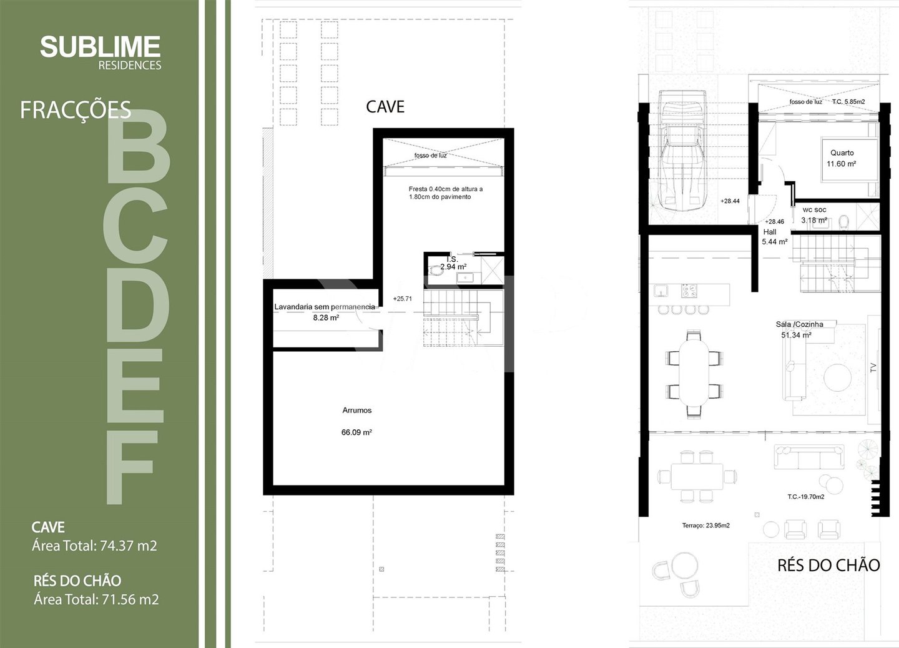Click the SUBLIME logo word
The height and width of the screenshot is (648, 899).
101,46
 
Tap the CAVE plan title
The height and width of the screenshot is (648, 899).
385,106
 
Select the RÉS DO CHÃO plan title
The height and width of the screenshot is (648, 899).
829,566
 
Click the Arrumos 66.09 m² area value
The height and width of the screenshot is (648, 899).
356,432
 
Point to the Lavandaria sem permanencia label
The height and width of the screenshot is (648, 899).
325,307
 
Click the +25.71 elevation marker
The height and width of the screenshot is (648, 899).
402,299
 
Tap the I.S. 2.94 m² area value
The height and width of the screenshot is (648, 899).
453,267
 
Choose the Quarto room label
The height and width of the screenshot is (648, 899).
842,152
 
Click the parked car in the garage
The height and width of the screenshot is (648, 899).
682,151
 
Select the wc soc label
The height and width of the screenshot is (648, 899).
814,210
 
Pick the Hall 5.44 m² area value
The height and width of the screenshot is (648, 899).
775,242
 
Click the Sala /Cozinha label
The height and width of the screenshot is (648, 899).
800,324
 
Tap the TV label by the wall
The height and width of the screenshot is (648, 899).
873,367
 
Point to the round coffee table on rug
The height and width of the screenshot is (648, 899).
838,377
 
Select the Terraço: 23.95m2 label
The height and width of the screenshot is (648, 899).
706,526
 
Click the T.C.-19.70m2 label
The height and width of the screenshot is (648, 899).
806,497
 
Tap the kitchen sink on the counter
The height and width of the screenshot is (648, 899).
660,290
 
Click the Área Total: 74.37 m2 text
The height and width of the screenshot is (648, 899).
94,546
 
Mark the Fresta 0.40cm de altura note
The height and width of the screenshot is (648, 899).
446,189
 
